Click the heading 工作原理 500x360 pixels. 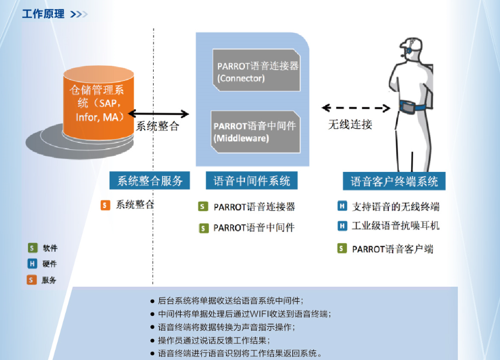pyautogui.click(x=43, y=14)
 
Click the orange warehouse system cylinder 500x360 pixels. pyautogui.click(x=99, y=102)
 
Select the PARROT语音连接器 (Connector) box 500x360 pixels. pyautogui.click(x=256, y=70)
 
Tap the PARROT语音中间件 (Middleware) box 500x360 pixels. pyautogui.click(x=256, y=131)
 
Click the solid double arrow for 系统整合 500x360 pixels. pyautogui.click(x=159, y=113)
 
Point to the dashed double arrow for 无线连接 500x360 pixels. pyautogui.click(x=356, y=108)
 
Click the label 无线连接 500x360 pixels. pyautogui.click(x=350, y=124)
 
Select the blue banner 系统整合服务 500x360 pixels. pyautogui.click(x=149, y=181)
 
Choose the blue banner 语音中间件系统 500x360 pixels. pyautogui.click(x=251, y=181)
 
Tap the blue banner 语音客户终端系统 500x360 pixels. pyautogui.click(x=394, y=181)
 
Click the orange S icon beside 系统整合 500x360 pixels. pyautogui.click(x=105, y=205)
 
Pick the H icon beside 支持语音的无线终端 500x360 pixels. pyautogui.click(x=342, y=206)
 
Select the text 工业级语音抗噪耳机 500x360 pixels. pyautogui.click(x=396, y=226)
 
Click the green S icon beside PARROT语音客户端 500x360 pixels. pyautogui.click(x=342, y=248)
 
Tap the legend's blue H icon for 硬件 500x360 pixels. pyautogui.click(x=32, y=264)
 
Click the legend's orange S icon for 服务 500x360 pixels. pyautogui.click(x=32, y=280)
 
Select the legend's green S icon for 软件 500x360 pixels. pyautogui.click(x=32, y=248)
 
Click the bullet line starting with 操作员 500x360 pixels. pyautogui.click(x=210, y=341)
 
